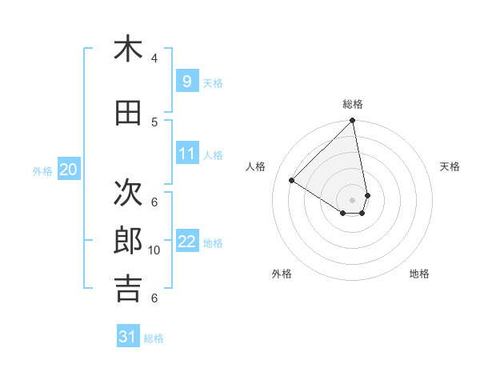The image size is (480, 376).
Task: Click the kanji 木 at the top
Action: pyautogui.click(x=128, y=49)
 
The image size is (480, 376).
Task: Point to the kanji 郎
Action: pyautogui.click(x=128, y=240)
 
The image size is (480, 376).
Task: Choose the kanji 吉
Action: pyautogui.click(x=128, y=288)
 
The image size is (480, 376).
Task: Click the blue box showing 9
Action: pyautogui.click(x=186, y=82)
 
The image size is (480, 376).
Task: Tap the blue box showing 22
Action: pyautogui.click(x=186, y=241)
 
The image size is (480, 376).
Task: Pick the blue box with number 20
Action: pyautogui.click(x=69, y=169)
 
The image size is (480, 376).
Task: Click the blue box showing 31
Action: pyautogui.click(x=128, y=337)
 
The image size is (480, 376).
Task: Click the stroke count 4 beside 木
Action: pyautogui.click(x=154, y=58)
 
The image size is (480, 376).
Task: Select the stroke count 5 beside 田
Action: pyautogui.click(x=154, y=122)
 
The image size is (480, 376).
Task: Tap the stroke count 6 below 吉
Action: pyautogui.click(x=154, y=298)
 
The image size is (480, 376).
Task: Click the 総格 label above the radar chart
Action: pyautogui.click(x=353, y=104)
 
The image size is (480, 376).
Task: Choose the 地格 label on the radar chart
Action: pyautogui.click(x=419, y=274)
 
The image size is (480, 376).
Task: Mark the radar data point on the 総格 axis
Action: pyautogui.click(x=353, y=122)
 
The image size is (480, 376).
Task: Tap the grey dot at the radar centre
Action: pyautogui.click(x=353, y=200)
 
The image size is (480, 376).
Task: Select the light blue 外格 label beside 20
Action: pyautogui.click(x=42, y=170)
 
